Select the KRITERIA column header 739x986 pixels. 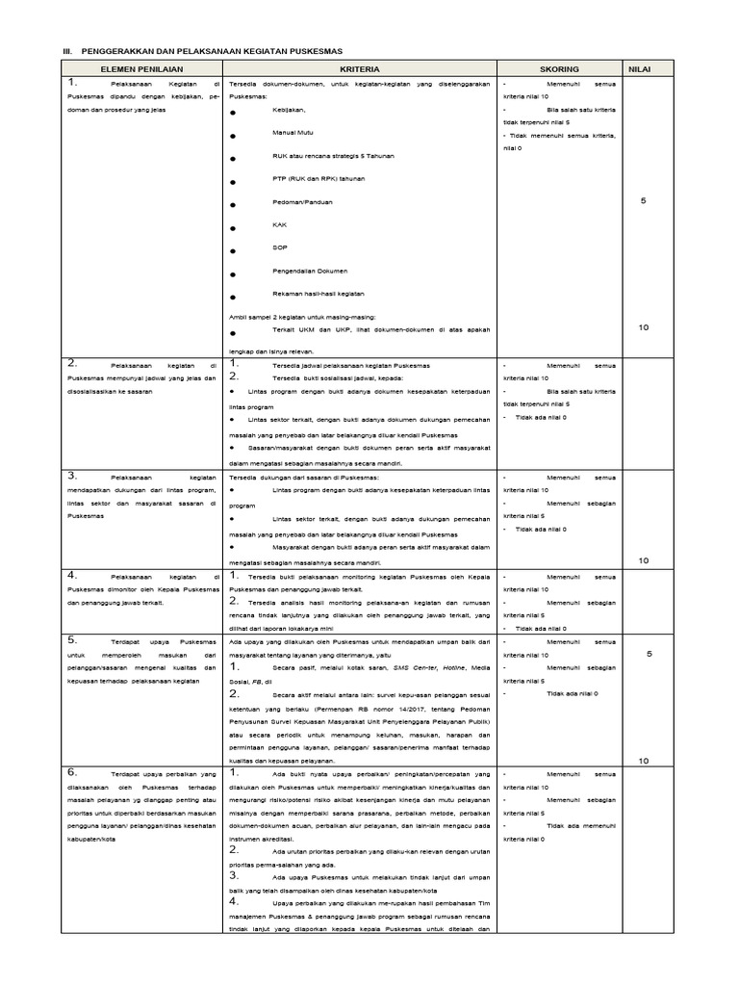(360, 69)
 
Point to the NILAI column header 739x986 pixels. (641, 69)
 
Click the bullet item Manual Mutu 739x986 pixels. (294, 132)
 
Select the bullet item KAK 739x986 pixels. (280, 226)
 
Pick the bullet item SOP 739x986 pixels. (281, 249)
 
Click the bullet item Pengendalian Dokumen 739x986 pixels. (309, 272)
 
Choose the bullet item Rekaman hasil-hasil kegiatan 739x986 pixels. (319, 294)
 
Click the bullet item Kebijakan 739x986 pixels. (290, 109)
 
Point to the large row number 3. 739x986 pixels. (72, 476)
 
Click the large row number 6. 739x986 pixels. (72, 772)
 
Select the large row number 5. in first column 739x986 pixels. (72, 638)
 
